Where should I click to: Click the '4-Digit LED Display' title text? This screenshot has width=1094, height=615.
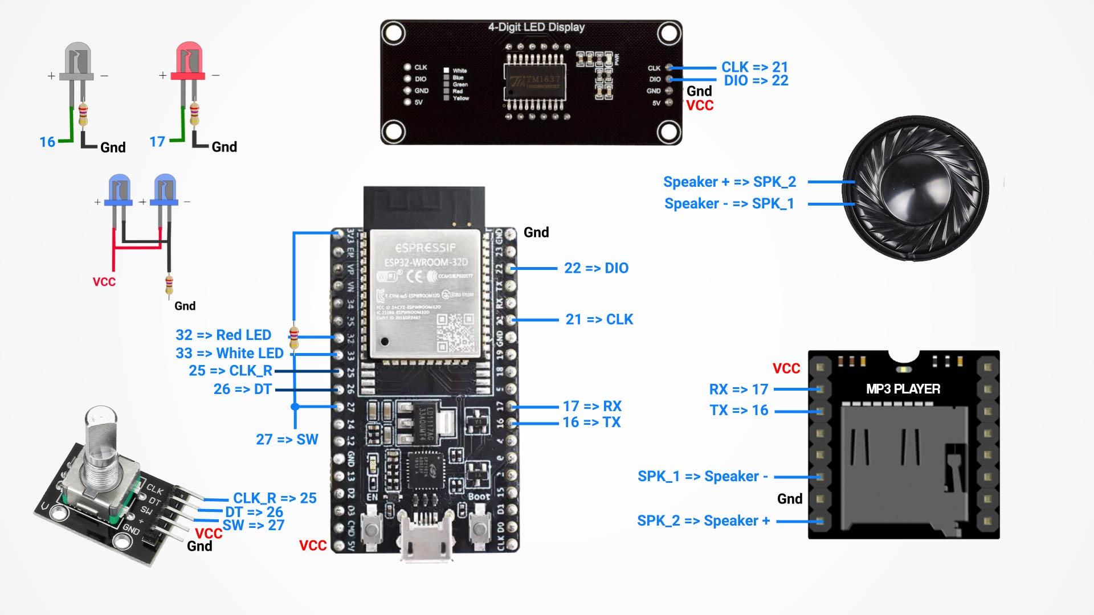(x=536, y=27)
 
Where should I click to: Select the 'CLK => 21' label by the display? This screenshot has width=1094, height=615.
(x=754, y=67)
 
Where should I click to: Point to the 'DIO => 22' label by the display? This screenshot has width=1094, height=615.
(x=756, y=81)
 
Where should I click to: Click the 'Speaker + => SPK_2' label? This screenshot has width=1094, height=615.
(x=729, y=182)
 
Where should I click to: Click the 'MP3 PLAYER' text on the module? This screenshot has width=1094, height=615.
(x=903, y=389)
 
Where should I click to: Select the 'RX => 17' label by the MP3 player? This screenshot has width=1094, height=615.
(x=738, y=389)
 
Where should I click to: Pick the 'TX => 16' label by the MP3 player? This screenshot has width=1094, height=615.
(x=738, y=411)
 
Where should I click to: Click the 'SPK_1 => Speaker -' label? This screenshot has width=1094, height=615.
(x=703, y=477)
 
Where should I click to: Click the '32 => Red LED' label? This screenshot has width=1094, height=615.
(x=223, y=335)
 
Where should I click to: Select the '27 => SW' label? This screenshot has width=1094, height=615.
(x=287, y=440)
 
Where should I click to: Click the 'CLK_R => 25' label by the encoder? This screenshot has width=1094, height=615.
(x=275, y=498)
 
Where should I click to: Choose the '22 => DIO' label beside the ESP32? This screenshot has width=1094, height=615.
(x=596, y=268)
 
